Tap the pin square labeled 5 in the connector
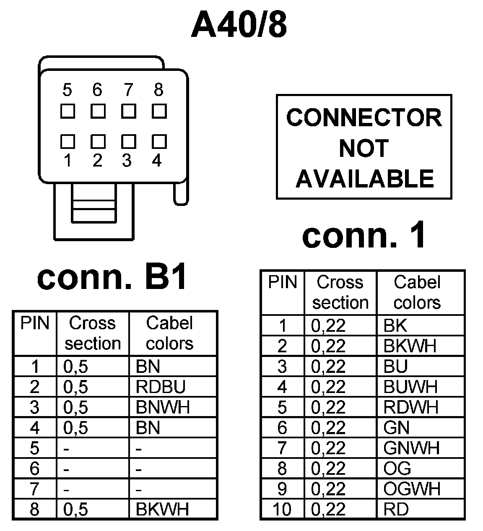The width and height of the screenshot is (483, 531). [68, 111]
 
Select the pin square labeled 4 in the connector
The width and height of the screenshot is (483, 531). [159, 141]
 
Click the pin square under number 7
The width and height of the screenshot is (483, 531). [128, 111]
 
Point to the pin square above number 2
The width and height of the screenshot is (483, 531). [98, 141]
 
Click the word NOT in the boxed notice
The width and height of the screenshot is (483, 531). [364, 148]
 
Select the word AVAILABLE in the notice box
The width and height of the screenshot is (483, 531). [364, 179]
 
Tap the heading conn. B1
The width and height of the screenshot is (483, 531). [112, 277]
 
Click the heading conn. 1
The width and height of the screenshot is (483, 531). [364, 235]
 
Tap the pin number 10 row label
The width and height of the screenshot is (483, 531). [282, 509]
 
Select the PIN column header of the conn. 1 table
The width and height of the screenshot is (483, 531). [282, 282]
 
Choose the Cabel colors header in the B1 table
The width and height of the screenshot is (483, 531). [170, 333]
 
